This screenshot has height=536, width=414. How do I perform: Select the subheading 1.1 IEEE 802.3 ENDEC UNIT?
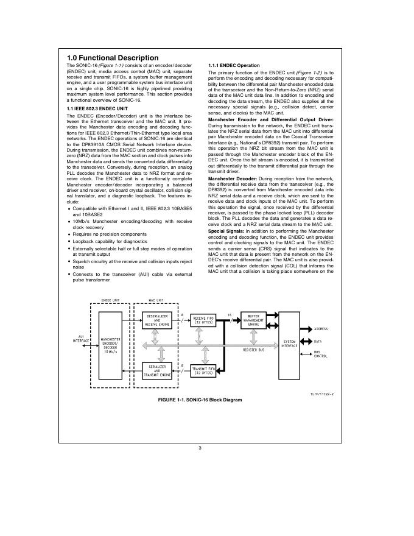click(x=99, y=108)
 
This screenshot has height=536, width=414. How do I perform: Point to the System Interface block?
click(x=290, y=345)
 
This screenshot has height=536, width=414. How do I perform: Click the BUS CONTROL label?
click(x=320, y=354)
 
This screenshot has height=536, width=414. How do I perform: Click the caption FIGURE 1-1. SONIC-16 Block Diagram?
click(x=200, y=400)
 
